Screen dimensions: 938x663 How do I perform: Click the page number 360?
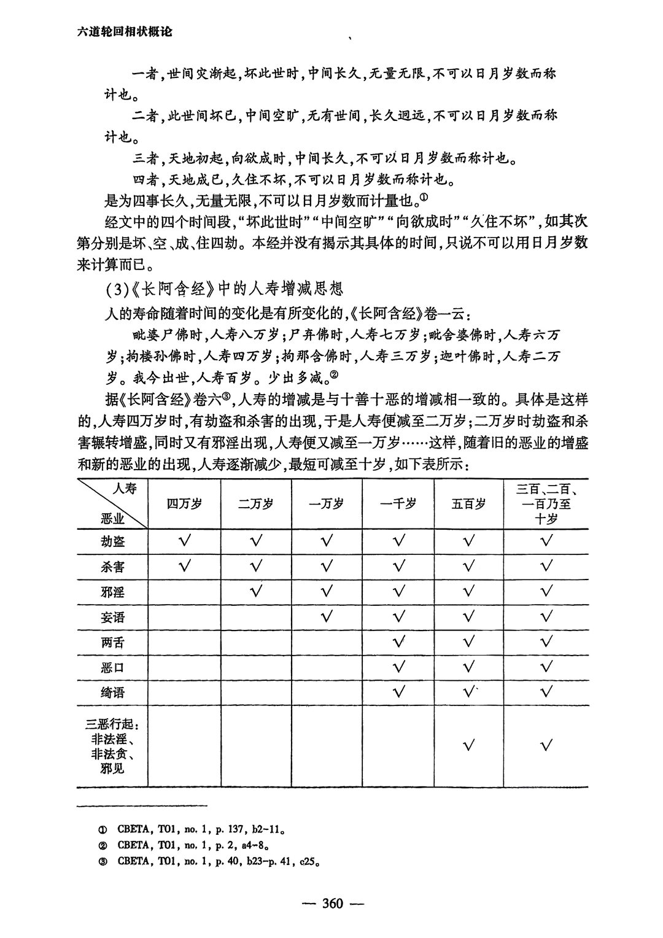331,904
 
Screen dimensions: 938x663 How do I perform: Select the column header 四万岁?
184,504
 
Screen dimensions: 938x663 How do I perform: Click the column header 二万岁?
256,504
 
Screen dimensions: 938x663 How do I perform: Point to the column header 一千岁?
398,504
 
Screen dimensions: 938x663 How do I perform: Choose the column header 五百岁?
469,504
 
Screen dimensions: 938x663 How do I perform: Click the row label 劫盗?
113,541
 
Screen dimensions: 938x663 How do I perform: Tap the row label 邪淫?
113,592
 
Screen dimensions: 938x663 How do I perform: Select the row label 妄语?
113,617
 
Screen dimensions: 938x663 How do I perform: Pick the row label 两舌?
113,642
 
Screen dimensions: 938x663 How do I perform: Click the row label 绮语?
113,692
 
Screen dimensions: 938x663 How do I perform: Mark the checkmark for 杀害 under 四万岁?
184,566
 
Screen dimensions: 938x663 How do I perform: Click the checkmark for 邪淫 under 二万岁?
256,592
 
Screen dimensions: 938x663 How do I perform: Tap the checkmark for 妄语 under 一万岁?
327,616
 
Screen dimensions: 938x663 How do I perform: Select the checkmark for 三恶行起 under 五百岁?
469,746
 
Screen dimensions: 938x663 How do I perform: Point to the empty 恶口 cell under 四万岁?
184,667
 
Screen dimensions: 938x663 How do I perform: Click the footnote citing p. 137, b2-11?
193,829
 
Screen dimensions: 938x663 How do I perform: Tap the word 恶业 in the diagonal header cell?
112,519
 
